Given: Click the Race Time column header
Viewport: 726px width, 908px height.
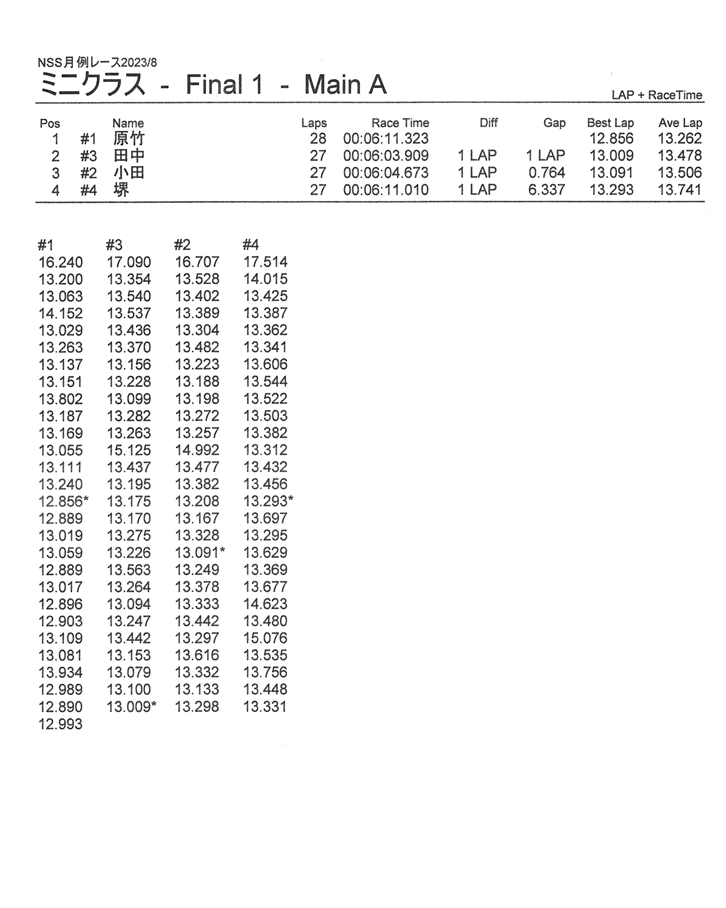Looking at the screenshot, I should coord(400,123).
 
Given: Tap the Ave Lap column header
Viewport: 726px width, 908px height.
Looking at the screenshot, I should coord(680,123).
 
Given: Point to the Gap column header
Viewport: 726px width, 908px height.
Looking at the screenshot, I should coord(554,123).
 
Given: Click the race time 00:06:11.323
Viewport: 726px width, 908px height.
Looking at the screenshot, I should coord(386,138).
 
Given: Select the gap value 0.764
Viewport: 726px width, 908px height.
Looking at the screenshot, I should coord(546,173).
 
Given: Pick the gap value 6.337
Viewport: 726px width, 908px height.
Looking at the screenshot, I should coord(546,190).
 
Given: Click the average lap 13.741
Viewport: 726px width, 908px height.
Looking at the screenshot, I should coord(679,190).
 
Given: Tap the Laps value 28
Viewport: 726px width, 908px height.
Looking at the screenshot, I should coord(318,138).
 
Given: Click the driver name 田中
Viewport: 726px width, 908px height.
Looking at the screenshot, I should coord(129,156).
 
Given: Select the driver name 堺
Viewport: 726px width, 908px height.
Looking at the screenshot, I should coord(121,190).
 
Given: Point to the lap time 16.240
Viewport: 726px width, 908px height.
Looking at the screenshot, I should coord(60,262).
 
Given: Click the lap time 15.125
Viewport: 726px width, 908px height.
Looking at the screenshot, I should coord(129,450).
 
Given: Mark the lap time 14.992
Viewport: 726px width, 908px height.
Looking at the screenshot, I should coord(197,450).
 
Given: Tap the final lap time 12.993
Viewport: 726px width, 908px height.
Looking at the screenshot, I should coord(60,724).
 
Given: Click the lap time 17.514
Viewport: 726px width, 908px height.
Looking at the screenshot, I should coord(265,262).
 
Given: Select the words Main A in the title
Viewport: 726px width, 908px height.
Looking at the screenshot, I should coord(345,85).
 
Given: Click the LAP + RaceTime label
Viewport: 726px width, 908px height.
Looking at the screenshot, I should coord(657,95).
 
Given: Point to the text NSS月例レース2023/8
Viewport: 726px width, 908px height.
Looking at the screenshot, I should coord(97,63).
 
